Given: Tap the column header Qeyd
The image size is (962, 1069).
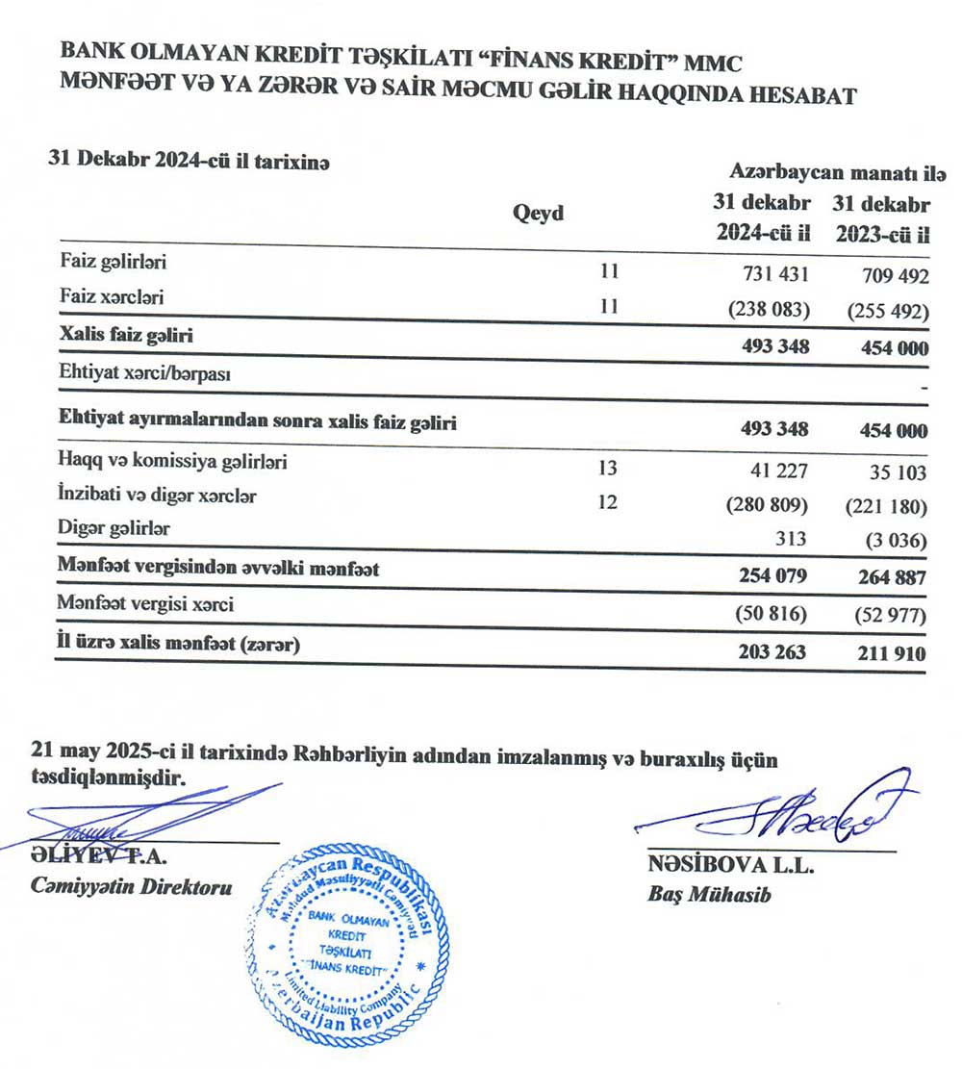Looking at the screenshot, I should point(539,214).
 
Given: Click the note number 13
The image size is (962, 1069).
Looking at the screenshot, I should point(607,469).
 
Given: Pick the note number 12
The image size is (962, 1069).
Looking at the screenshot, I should point(607,502).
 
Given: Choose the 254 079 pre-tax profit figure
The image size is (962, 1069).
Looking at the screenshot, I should point(773,576).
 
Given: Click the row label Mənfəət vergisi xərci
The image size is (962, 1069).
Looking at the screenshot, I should point(144,606).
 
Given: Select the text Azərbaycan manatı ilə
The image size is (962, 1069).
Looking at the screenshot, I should point(837,173).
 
